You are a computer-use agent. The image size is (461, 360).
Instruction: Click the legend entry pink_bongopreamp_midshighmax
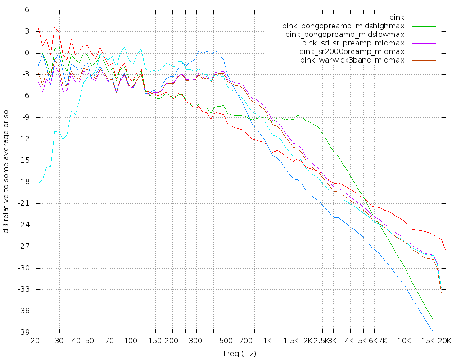(343, 26)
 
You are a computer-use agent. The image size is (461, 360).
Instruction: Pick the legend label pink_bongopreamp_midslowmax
(345, 35)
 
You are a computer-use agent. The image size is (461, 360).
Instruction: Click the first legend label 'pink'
(397, 18)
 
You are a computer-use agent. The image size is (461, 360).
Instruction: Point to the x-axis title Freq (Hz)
(240, 353)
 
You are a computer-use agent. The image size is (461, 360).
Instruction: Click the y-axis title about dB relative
(6, 171)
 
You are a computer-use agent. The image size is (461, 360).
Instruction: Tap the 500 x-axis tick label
(226, 341)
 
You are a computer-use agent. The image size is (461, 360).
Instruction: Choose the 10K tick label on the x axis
(405, 341)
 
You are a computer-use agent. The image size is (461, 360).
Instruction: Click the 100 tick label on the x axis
(131, 341)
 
